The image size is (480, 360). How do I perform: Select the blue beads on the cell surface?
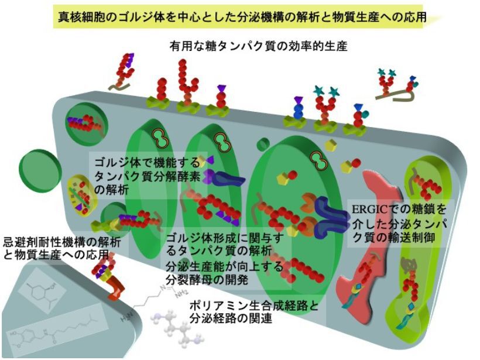298,109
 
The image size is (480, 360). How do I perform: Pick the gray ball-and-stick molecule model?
175,328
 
